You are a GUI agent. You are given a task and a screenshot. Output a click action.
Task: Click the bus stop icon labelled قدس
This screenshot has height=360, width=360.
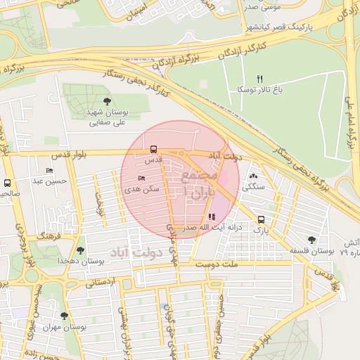(153, 149)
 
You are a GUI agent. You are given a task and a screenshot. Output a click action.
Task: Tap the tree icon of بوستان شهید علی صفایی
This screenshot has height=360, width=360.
(107, 102)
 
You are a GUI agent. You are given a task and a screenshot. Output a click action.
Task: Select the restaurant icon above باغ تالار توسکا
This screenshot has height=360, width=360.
(259, 79)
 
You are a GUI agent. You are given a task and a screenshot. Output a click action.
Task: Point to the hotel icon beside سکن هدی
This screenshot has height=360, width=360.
(142, 179)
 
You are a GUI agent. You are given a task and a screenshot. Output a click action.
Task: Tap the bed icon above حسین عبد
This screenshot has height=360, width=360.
(49, 170)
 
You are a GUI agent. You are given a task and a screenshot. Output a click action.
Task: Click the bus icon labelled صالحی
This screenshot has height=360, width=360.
(8, 182)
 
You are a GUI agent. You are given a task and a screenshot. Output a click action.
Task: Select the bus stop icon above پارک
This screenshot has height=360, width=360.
(261, 219)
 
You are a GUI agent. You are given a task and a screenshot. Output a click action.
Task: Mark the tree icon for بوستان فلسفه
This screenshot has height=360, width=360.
(311, 240)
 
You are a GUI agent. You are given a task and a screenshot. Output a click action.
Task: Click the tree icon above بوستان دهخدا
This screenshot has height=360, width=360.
(81, 250)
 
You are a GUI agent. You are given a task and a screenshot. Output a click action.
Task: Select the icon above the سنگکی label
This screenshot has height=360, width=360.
(253, 176)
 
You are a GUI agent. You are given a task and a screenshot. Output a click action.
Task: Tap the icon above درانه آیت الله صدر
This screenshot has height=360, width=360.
(212, 217)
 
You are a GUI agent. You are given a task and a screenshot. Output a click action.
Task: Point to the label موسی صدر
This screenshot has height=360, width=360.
(261, 7)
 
